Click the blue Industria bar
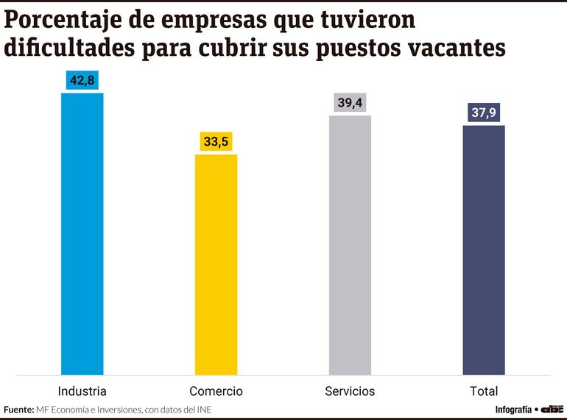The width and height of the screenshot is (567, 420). point(82,234)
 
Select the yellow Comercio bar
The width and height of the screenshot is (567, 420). point(216,265)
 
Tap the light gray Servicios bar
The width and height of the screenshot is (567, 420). point(350,245)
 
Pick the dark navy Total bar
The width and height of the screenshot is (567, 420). point(484,250)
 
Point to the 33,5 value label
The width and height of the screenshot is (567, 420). point(216,142)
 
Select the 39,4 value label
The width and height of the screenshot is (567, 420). point(350,104)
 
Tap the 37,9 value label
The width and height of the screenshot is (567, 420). point(484,113)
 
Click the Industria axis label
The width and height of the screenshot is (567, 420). point(82,391)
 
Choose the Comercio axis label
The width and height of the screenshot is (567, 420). point(216,391)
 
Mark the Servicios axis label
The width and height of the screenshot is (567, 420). point(350,391)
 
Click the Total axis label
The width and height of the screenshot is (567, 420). point(484,391)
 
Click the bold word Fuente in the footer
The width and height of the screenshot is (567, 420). point(18,410)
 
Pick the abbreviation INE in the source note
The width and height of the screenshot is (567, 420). point(213,410)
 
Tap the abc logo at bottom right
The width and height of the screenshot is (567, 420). point(552,409)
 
